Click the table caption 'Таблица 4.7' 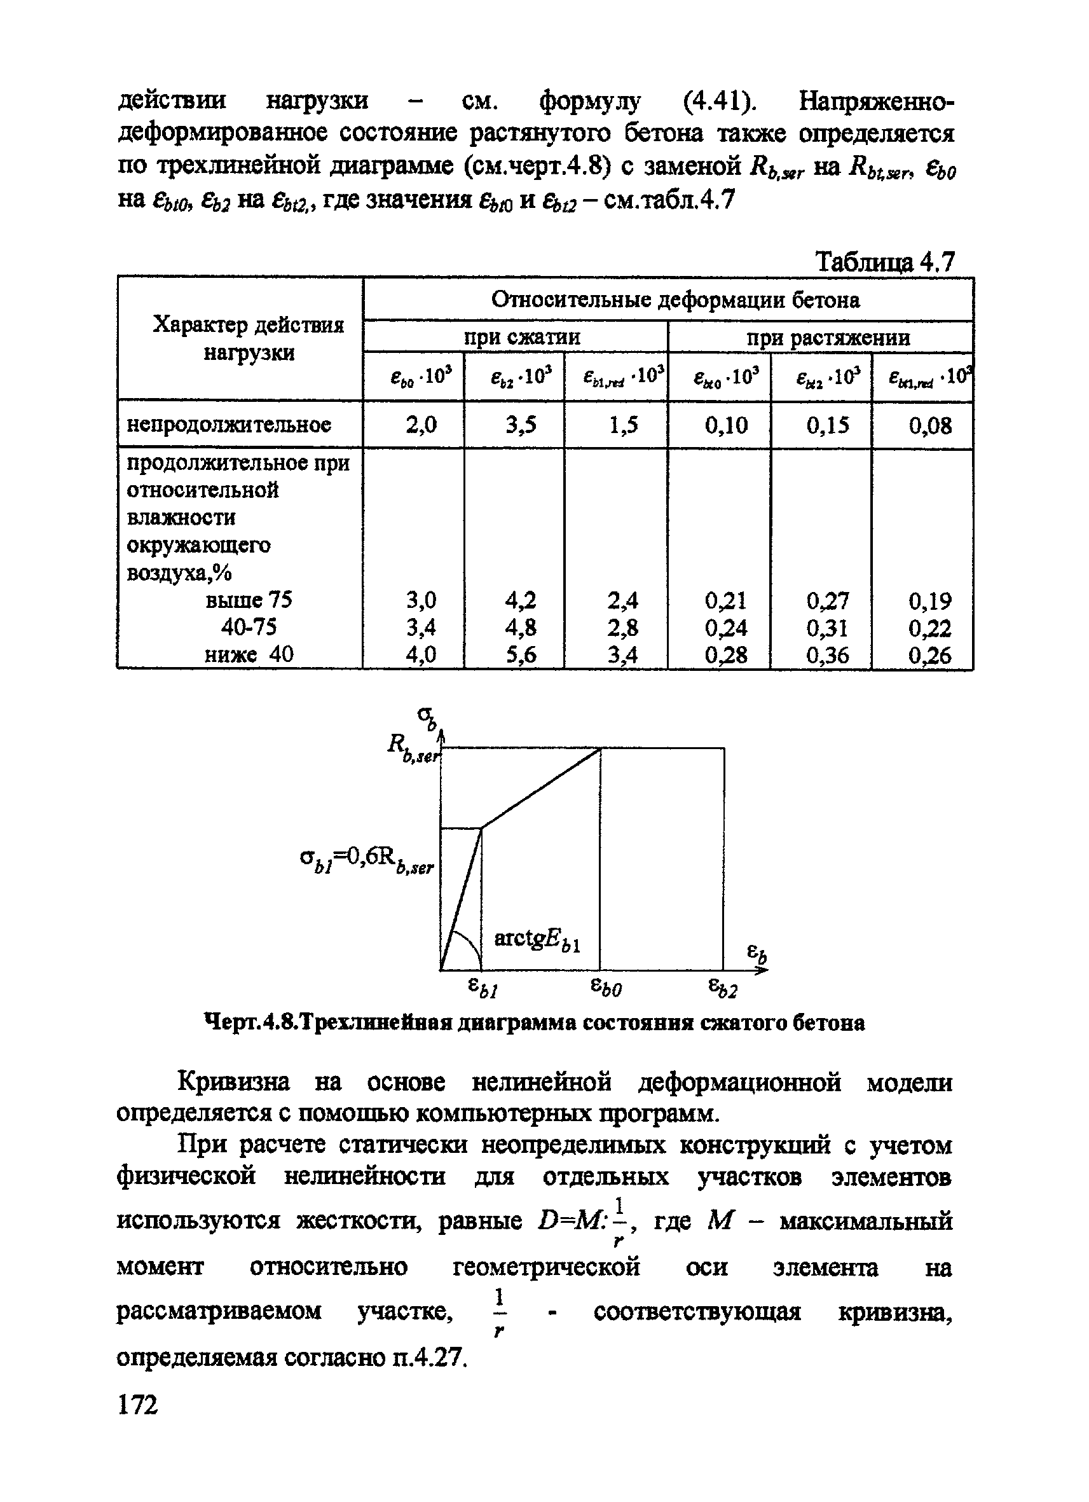[x=884, y=262]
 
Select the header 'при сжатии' [x=522, y=337]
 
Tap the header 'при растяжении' [x=828, y=338]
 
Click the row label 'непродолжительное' [x=228, y=424]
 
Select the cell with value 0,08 [x=929, y=425]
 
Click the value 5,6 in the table [x=521, y=655]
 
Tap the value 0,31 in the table [x=828, y=627]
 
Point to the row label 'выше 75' [x=249, y=600]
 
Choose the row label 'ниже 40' [x=249, y=654]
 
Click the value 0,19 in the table [x=929, y=601]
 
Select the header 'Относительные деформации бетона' [x=675, y=300]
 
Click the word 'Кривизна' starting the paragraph [x=235, y=1083]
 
